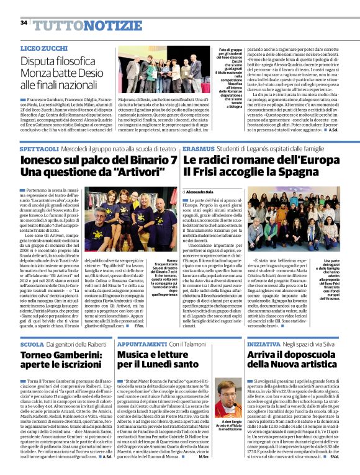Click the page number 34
24,22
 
